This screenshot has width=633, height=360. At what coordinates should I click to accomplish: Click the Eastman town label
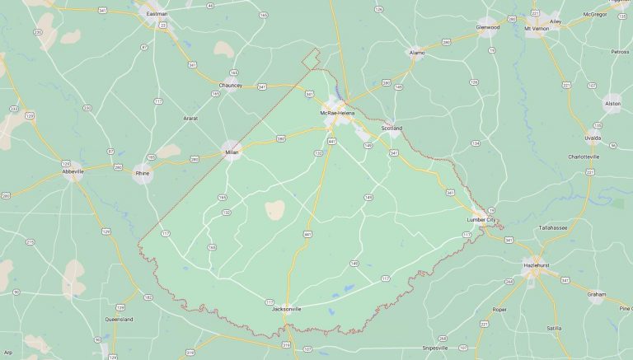tap(157, 14)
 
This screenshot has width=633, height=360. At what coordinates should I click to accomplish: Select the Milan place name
tap(232, 152)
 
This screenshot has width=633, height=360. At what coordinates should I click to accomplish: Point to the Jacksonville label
tap(287, 309)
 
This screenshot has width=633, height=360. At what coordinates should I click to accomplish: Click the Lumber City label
tap(481, 220)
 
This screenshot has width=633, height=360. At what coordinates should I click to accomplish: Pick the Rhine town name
tap(143, 173)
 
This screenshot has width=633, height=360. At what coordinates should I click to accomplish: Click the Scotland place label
tap(392, 129)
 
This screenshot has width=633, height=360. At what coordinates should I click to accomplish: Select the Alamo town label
tap(417, 52)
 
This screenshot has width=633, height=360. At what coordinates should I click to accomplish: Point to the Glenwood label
tap(488, 26)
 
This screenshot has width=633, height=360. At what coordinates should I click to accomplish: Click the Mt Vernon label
tap(537, 27)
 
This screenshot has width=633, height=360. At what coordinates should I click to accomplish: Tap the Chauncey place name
tap(231, 85)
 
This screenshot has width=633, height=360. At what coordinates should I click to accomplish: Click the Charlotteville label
tap(584, 156)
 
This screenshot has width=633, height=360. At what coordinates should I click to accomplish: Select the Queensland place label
tap(119, 319)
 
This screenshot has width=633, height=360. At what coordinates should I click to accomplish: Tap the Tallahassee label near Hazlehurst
tap(553, 227)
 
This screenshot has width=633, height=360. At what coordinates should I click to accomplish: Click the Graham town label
tap(597, 293)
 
